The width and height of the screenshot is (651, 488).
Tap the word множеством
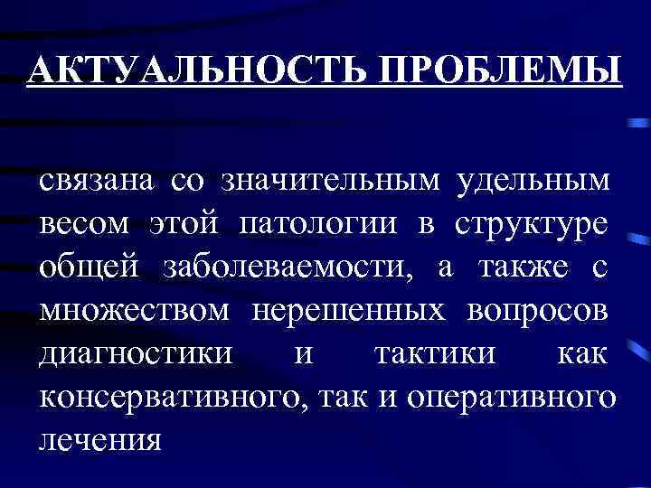133,309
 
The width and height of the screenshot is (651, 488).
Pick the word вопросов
539,309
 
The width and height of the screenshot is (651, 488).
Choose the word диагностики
123,352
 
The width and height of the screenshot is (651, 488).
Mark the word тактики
434,352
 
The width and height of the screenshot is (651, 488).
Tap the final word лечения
99,439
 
